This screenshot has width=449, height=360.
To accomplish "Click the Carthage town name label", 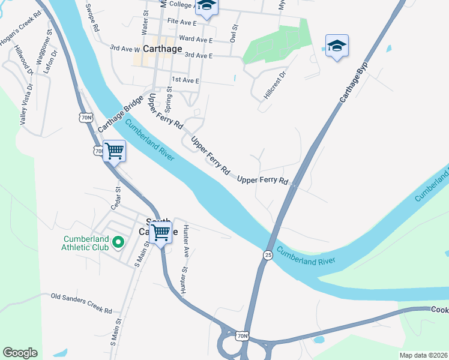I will (x=159, y=49).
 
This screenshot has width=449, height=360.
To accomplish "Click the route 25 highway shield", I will (x=267, y=255).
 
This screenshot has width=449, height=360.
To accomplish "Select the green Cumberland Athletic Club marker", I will (x=118, y=242).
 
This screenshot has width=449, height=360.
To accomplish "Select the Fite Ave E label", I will (x=182, y=22).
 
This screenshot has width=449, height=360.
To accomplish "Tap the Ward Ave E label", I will (x=196, y=39).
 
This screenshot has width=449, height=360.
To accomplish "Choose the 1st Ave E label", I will (x=185, y=80).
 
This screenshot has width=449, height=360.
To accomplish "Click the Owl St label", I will (x=234, y=33).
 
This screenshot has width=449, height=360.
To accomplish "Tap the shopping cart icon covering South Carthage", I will (x=161, y=232).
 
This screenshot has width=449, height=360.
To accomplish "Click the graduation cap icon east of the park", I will (x=337, y=46).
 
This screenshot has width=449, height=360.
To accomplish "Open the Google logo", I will (x=20, y=352).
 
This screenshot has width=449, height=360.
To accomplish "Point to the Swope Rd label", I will (x=92, y=18).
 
